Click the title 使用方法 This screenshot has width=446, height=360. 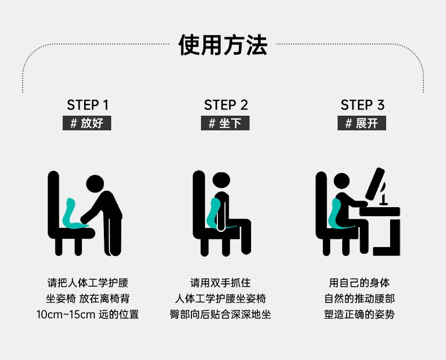click(222, 45)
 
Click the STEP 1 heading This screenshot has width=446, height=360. click(88, 105)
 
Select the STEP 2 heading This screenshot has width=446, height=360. click(226, 105)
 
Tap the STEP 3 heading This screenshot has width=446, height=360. click(362, 105)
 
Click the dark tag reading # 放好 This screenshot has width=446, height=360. click(87, 123)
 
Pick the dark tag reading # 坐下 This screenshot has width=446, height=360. click(225, 123)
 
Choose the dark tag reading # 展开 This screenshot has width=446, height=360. click(362, 123)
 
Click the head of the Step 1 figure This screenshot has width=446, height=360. click(95, 184)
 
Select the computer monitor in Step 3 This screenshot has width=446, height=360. click(375, 184)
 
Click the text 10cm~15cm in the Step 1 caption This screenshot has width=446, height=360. click(65, 315)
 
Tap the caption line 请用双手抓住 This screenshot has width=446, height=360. click(220, 283)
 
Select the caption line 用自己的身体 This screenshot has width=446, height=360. click(359, 283)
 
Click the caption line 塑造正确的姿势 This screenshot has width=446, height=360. click(359, 314)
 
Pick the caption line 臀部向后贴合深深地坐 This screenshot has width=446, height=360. click(220, 314)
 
